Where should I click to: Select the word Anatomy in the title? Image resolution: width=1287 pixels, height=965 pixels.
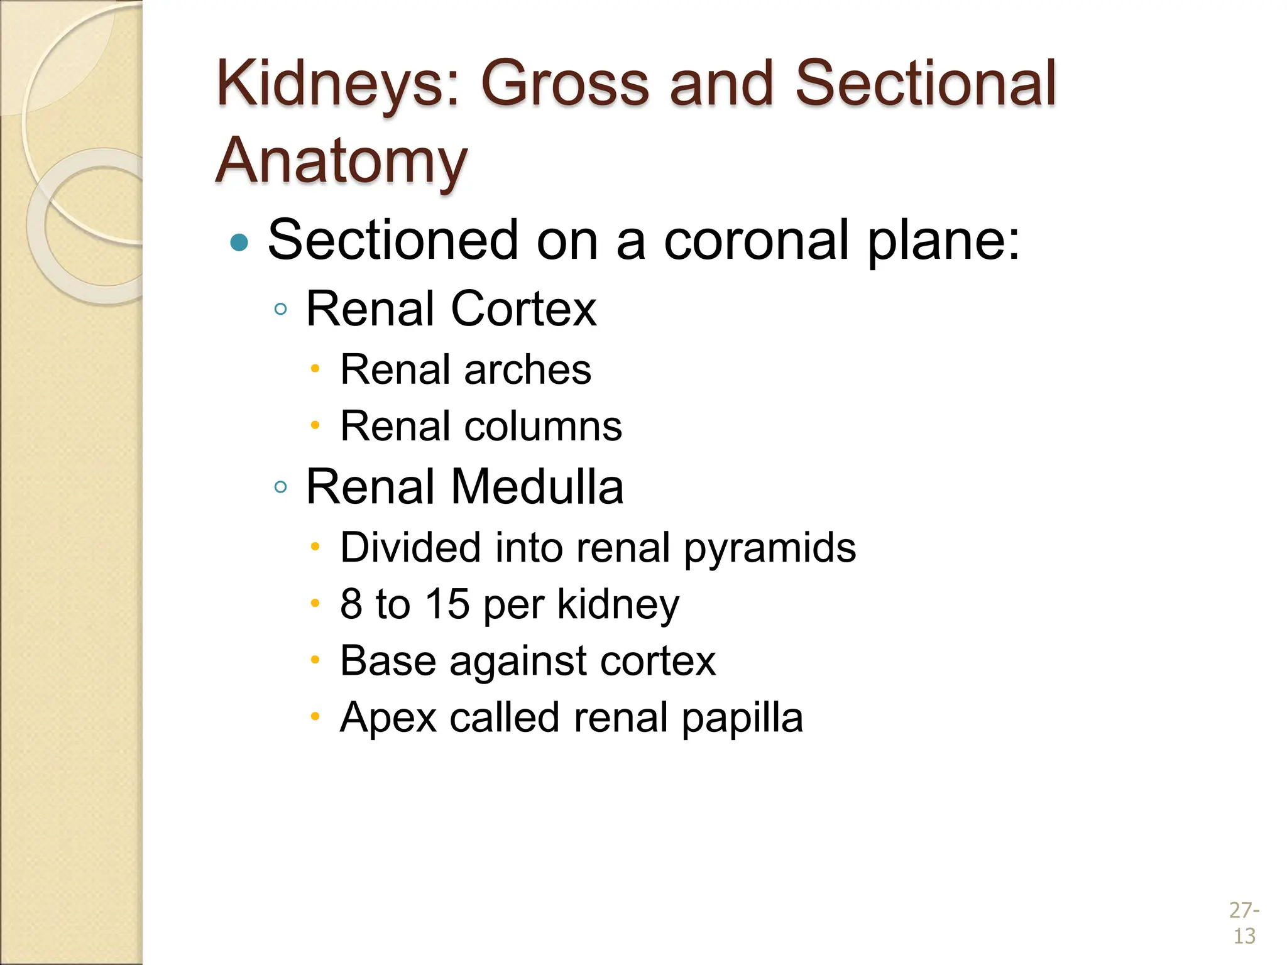pos(341,161)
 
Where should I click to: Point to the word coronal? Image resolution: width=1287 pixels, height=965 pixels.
pos(755,240)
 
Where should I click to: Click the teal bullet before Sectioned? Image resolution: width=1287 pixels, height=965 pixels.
pos(239,242)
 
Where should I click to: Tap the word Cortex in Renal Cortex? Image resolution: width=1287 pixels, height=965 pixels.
pos(523,308)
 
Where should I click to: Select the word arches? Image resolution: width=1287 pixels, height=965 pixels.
pos(528,369)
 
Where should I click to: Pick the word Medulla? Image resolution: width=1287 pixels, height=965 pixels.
pos(537,487)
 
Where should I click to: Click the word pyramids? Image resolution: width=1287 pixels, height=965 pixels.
pos(770,548)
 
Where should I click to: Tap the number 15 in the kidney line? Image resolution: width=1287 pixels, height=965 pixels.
pos(447,604)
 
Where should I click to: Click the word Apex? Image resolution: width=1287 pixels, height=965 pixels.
pos(388,718)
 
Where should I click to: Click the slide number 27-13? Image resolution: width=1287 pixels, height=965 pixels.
pos(1244,923)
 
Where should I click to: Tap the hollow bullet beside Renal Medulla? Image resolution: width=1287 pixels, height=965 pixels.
pos(281,487)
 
